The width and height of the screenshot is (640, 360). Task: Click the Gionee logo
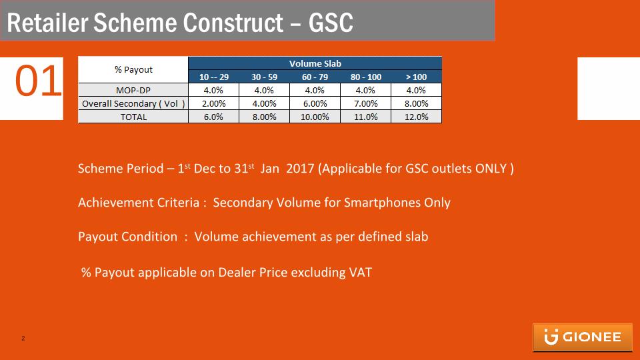[x=583, y=337]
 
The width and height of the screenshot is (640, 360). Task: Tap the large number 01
[x=38, y=81]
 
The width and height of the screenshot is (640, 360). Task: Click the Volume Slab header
[x=315, y=64]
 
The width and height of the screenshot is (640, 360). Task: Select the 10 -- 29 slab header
[x=213, y=77]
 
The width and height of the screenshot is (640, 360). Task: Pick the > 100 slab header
[x=416, y=77]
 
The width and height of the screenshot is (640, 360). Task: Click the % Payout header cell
[x=133, y=70]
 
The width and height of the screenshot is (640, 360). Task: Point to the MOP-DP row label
[x=133, y=90]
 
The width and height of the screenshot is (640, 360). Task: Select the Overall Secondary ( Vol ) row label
[x=133, y=104]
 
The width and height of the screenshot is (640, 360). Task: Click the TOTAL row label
[x=133, y=117]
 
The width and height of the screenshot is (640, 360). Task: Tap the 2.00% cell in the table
[x=213, y=104]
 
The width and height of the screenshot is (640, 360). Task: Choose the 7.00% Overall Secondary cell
[x=366, y=104]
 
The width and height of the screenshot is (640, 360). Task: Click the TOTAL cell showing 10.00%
[x=315, y=117]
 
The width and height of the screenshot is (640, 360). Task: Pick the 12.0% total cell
[x=416, y=117]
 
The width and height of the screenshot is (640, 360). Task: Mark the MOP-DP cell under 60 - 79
[x=315, y=90]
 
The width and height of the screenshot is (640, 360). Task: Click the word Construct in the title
[x=233, y=23]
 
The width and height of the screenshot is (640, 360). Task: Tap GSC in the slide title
[x=331, y=23]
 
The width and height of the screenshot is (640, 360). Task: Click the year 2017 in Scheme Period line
[x=300, y=169]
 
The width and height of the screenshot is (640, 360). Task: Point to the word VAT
[x=361, y=273]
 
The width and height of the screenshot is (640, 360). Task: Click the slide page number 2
[x=23, y=339]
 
